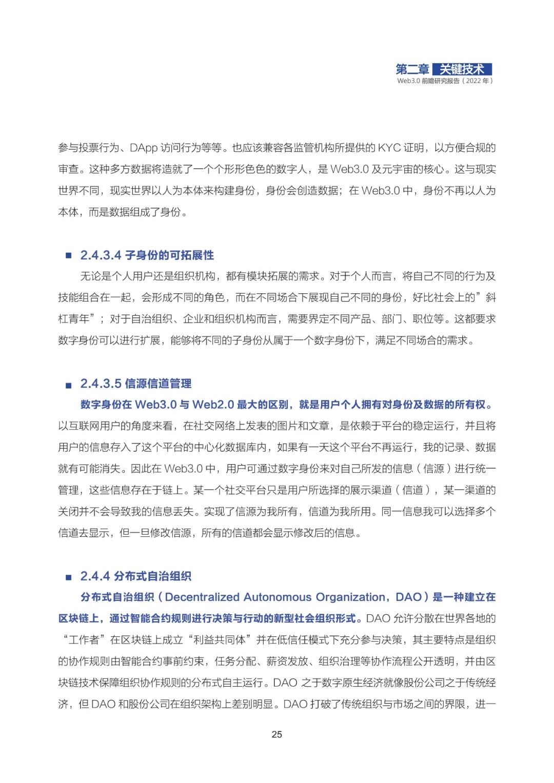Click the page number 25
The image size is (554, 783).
point(276,734)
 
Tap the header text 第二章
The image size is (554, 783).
point(412,69)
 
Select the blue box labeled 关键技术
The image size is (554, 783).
point(462,69)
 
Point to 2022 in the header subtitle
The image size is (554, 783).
point(473,81)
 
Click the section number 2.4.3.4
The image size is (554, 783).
point(101,255)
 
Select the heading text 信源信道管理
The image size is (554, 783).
point(158,384)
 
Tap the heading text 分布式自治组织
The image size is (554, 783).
point(152,576)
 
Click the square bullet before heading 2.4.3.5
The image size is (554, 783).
point(68,385)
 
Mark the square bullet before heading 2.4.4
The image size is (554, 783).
point(68,577)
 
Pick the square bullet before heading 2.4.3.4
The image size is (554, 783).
point(68,256)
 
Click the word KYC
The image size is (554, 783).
point(389,148)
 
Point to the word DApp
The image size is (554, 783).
point(144,148)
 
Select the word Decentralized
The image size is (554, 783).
point(202,597)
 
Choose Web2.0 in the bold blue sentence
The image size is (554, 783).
point(213,405)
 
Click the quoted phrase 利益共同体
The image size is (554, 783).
point(220,640)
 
